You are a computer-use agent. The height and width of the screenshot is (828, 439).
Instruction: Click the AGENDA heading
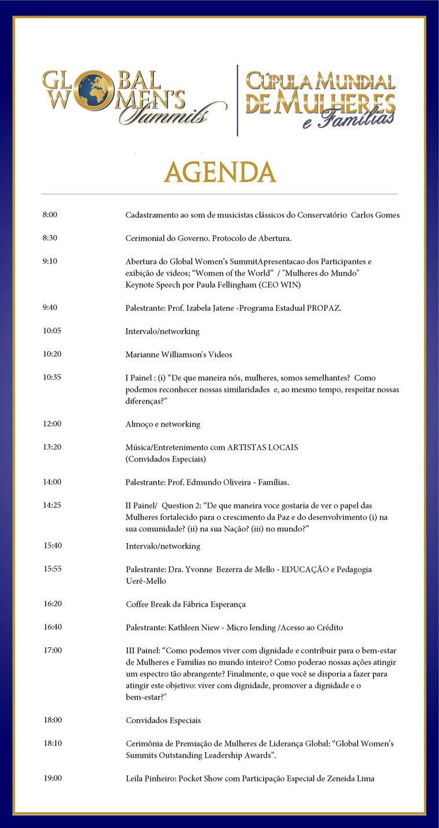[x=219, y=172]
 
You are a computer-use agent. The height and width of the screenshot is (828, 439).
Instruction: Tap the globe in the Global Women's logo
[x=95, y=89]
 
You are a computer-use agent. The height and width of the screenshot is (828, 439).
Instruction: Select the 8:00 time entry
[x=50, y=215]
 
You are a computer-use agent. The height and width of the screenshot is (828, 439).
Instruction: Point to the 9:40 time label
[x=50, y=307]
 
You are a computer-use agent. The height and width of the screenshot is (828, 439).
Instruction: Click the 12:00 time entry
[x=52, y=424]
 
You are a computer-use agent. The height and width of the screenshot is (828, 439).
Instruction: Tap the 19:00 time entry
[x=53, y=778]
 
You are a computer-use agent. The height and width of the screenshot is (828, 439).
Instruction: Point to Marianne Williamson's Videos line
[x=179, y=354]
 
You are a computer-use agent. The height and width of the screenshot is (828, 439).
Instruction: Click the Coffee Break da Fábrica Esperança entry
[x=186, y=604]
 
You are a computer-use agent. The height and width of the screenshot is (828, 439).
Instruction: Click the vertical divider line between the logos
[x=237, y=100]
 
